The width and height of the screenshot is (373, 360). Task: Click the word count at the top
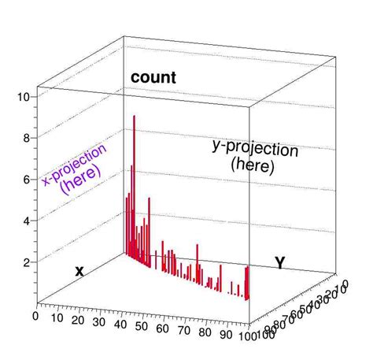pyautogui.click(x=153, y=77)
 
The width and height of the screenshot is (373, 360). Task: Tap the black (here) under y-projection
pyautogui.click(x=253, y=166)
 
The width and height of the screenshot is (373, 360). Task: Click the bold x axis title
pyautogui.click(x=79, y=271)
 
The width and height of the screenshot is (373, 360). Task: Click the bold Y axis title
pyautogui.click(x=279, y=262)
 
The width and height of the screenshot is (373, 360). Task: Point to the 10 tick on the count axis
pyautogui.click(x=24, y=97)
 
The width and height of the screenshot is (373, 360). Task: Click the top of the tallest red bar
pyautogui.click(x=135, y=117)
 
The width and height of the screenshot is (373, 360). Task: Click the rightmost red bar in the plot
pyautogui.click(x=248, y=284)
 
